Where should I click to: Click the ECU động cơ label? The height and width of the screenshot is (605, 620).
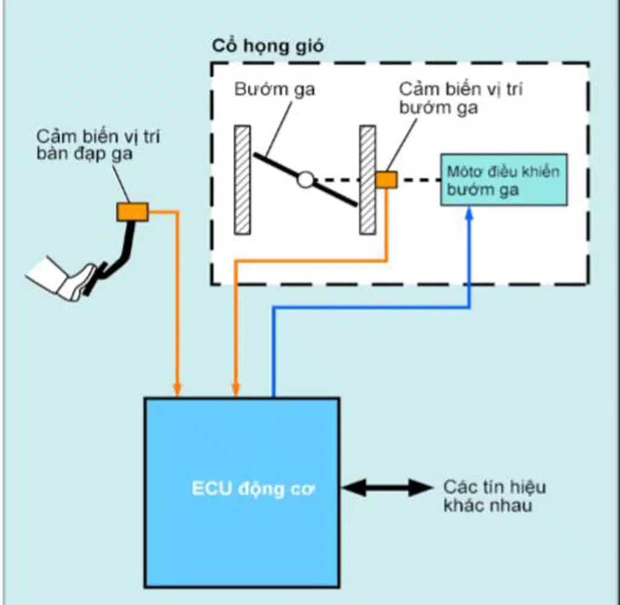click(x=253, y=489)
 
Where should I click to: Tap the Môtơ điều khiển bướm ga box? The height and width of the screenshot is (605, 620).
click(x=503, y=180)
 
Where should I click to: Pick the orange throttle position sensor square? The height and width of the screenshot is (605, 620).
click(x=386, y=180)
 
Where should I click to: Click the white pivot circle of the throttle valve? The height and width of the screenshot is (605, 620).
click(x=306, y=180)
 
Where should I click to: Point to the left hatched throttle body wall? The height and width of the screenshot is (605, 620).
click(x=243, y=180)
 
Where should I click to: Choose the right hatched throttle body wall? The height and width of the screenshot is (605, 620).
click(x=367, y=180)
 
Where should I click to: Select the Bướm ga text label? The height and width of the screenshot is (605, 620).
click(x=275, y=90)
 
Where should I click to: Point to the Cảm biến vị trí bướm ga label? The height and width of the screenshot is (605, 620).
click(x=460, y=98)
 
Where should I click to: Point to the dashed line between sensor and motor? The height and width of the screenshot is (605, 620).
click(x=418, y=180)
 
